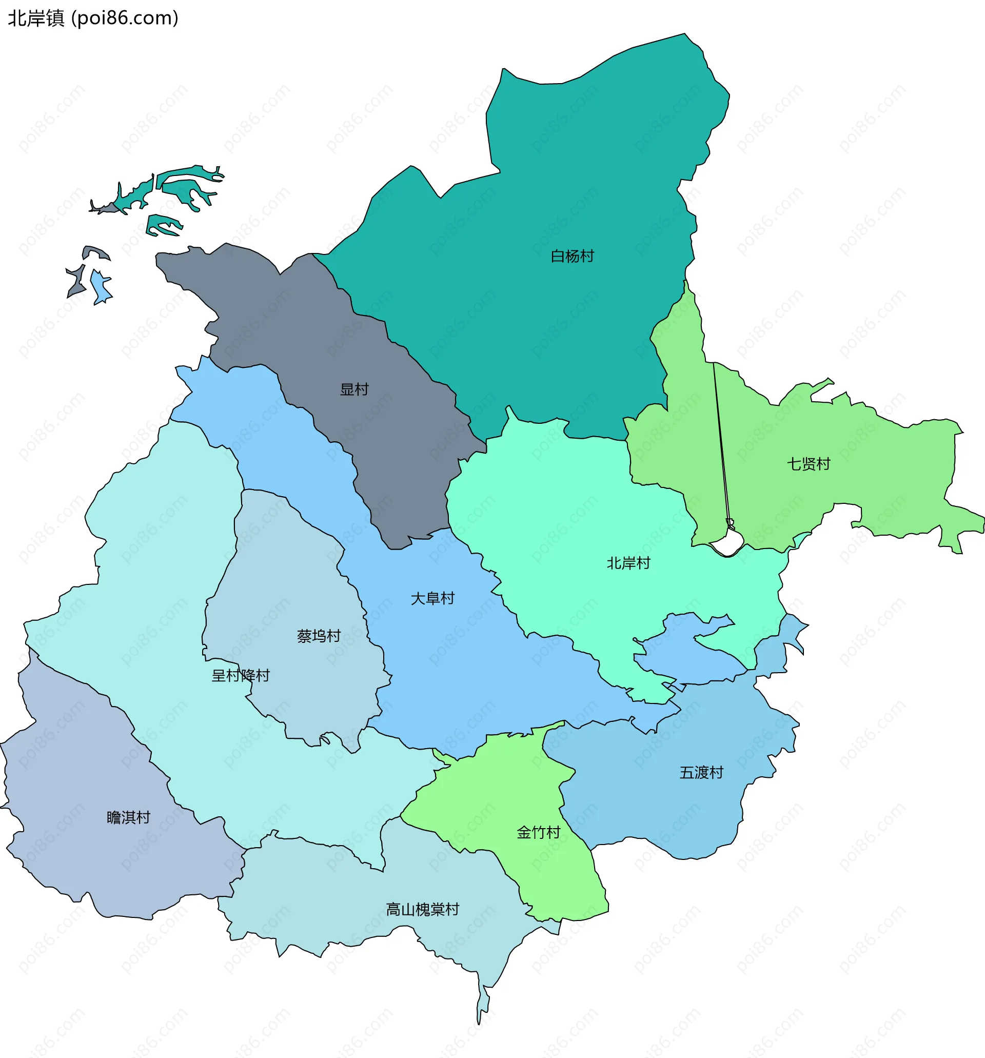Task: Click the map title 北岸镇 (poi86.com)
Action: point(93,18)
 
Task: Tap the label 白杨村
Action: point(572,257)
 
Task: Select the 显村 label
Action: point(354,389)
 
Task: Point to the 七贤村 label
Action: point(809,464)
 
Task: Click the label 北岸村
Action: point(628,563)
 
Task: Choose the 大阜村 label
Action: point(432,599)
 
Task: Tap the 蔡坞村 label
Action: point(319,636)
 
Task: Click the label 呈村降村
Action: point(241,676)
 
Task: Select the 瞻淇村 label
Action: point(129,817)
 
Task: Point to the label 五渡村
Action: point(701,773)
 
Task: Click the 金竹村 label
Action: point(539,832)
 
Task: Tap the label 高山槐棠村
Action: point(423,910)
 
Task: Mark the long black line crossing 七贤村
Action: point(721,442)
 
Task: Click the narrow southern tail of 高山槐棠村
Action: point(482,1001)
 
